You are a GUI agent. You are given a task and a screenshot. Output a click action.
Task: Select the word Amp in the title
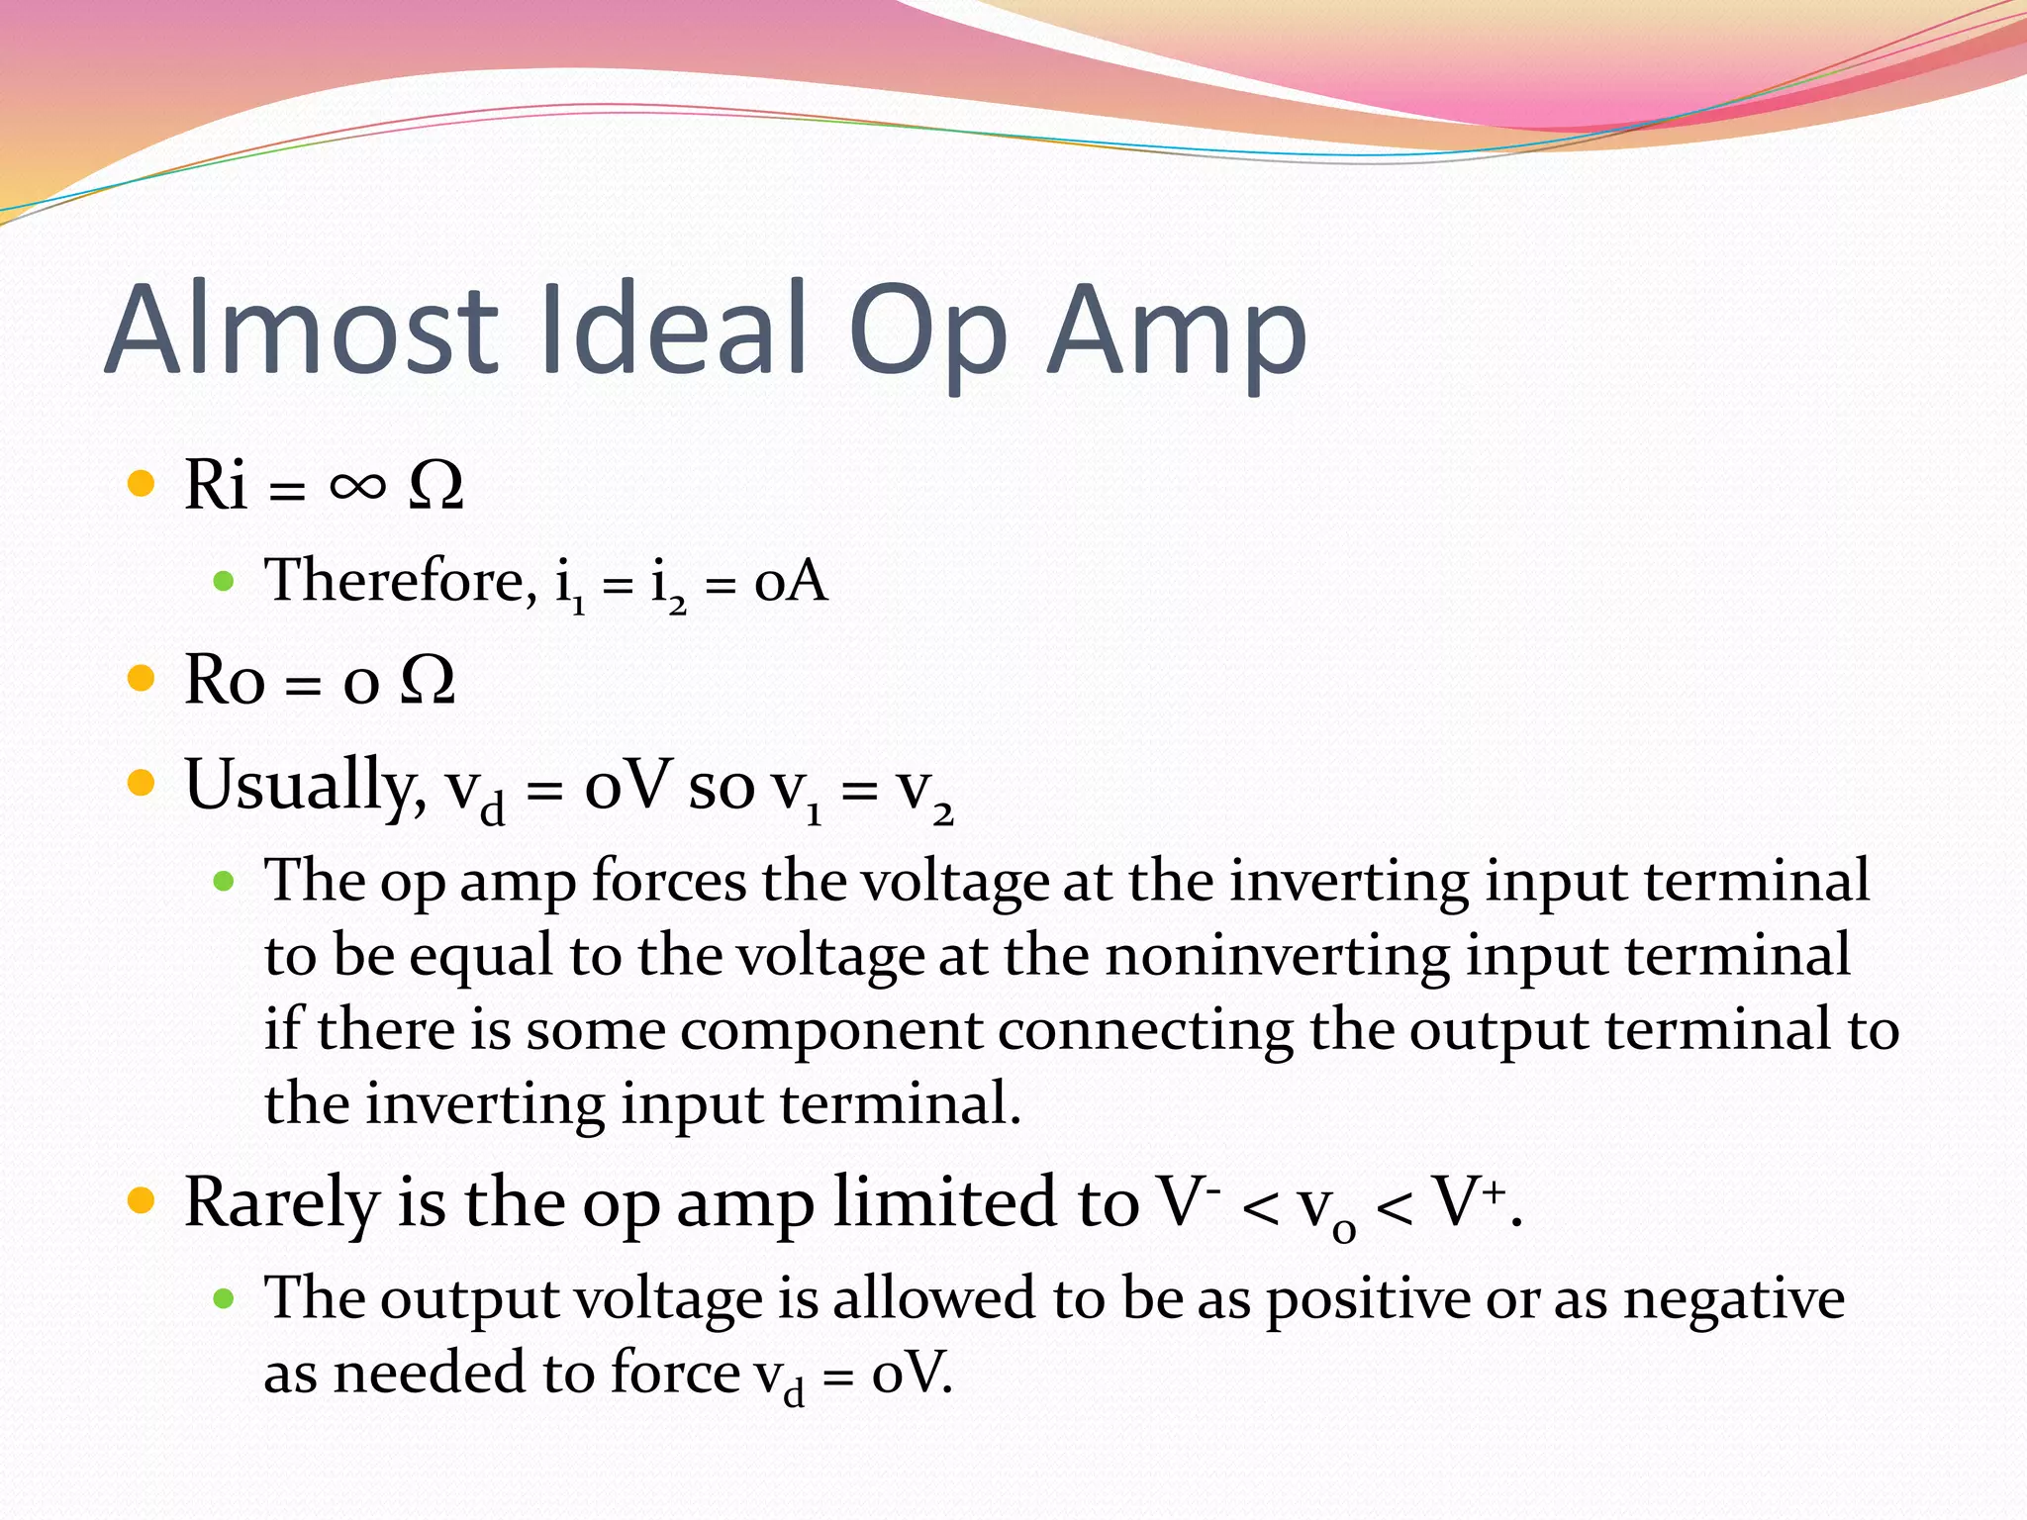tap(1177, 332)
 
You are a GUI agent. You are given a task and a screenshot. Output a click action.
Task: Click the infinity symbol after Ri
tap(357, 485)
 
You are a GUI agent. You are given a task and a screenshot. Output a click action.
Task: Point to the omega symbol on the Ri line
tap(435, 485)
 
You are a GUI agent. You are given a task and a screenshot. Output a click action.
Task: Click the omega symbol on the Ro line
tap(428, 680)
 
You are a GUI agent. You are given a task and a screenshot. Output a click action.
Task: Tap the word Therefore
tap(400, 580)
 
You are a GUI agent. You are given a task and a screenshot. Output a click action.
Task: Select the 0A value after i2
tap(790, 581)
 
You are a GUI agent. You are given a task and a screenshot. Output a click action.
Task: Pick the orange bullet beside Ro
tap(143, 679)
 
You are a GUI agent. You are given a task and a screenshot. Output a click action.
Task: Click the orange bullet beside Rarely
tap(143, 1200)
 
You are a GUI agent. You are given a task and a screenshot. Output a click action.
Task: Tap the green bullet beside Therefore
tap(224, 581)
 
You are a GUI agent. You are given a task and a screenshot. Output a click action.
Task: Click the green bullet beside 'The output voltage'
tap(224, 1298)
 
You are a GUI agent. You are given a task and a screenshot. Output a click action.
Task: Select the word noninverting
tap(1278, 956)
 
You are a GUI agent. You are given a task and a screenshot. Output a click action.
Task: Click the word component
tap(830, 1030)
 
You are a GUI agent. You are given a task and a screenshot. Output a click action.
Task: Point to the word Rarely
tap(282, 1203)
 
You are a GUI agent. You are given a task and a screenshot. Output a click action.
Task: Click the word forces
tap(669, 881)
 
